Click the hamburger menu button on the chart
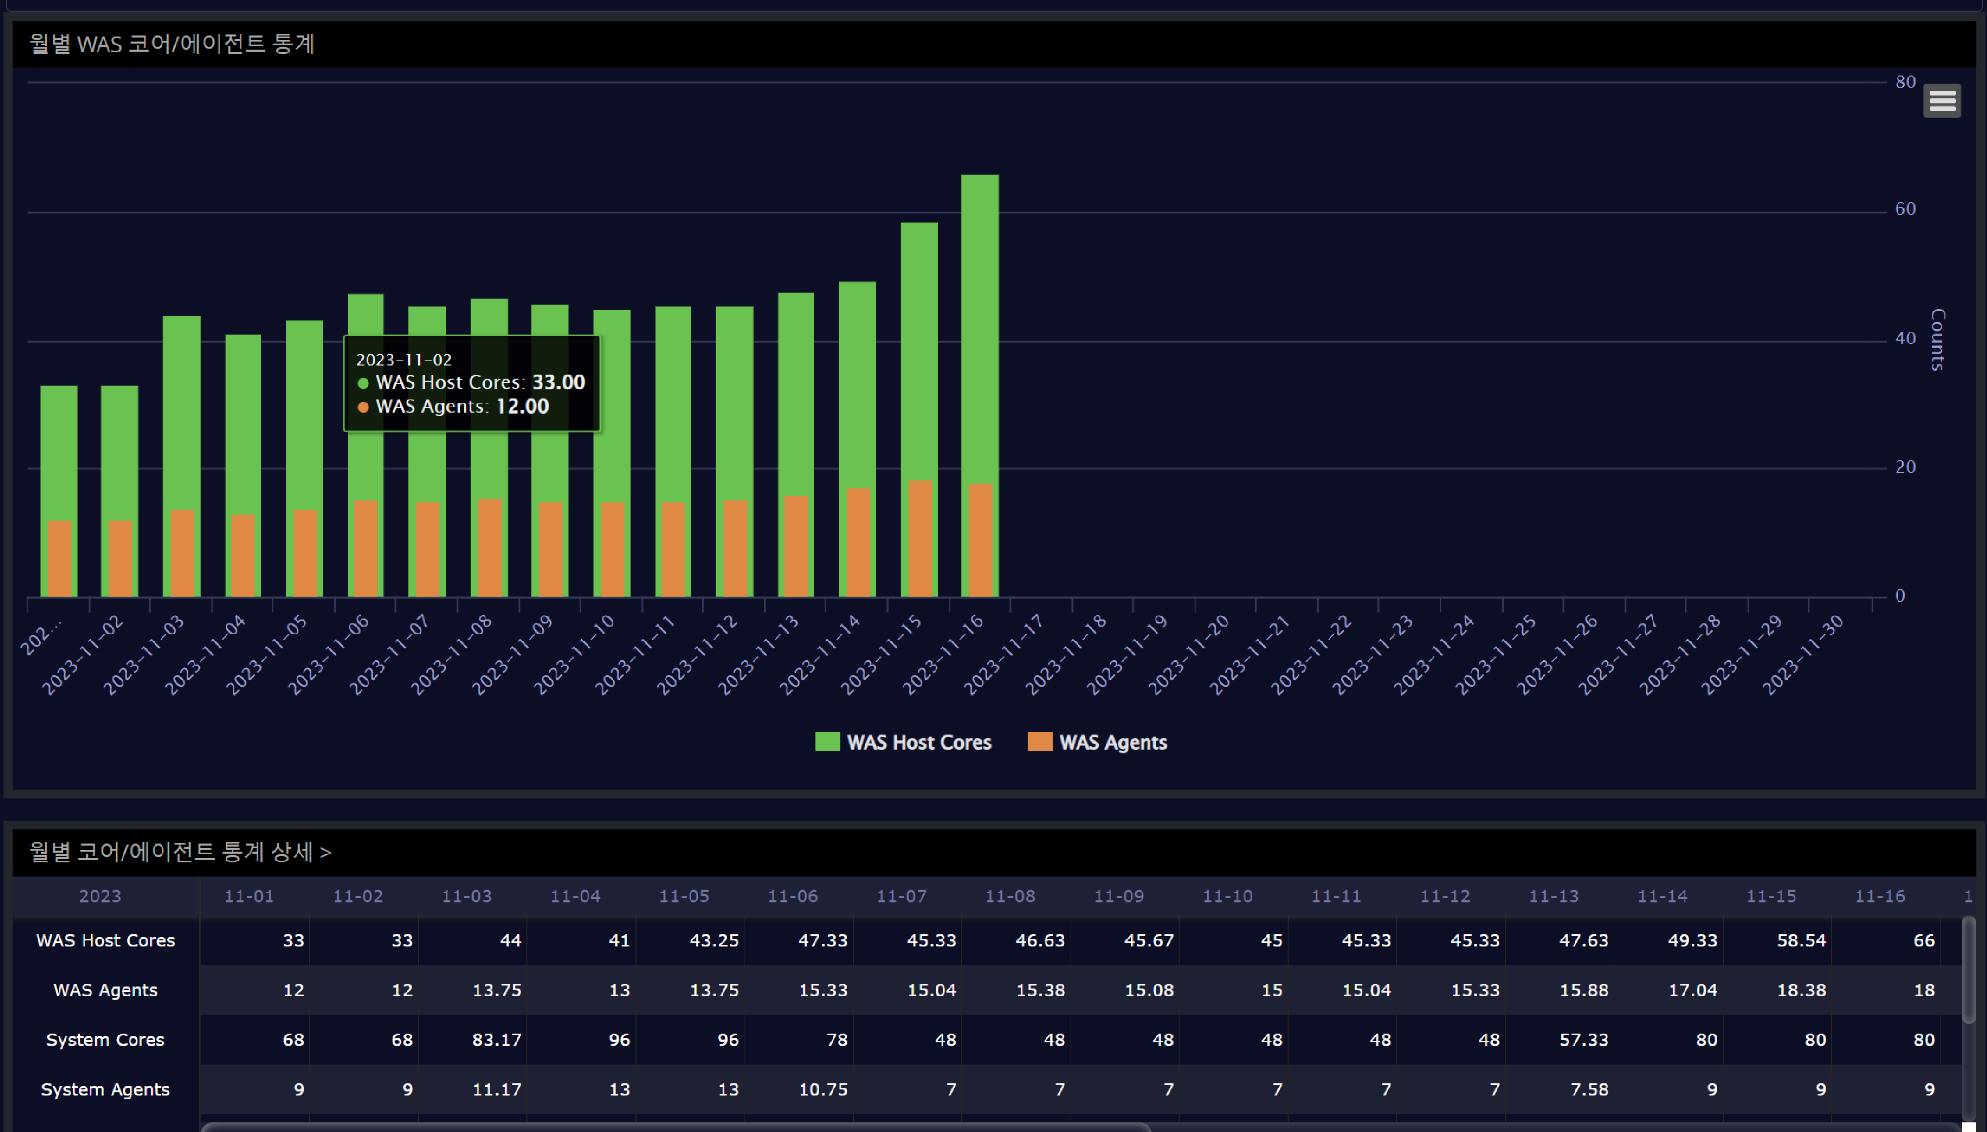[1941, 101]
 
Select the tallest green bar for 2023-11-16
[979, 326]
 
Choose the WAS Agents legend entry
[1097, 743]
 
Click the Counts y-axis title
[1937, 339]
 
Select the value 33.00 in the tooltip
[558, 383]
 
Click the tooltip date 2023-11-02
[404, 360]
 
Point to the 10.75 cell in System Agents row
[823, 1090]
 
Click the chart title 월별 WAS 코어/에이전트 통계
[172, 44]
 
